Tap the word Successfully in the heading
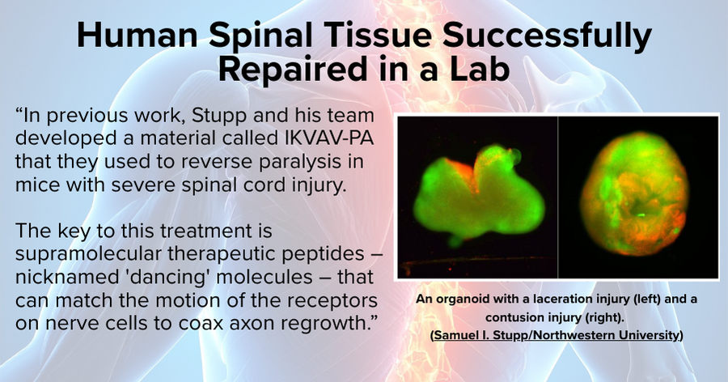pyautogui.click(x=547, y=36)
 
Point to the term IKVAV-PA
pyautogui.click(x=328, y=138)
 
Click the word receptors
pyautogui.click(x=328, y=301)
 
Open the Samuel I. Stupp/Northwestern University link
pyautogui.click(x=557, y=335)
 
